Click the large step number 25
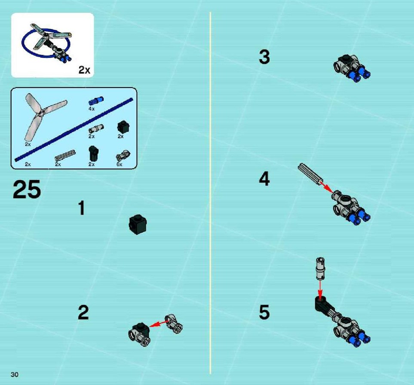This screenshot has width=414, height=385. [27, 189]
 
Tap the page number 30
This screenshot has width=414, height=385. [15, 374]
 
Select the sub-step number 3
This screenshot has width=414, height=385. [264, 57]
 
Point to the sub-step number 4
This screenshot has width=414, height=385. [264, 179]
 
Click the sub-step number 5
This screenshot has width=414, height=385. [264, 312]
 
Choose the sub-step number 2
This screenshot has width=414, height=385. [83, 312]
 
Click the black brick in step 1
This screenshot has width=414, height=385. [138, 224]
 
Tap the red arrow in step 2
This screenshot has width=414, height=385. [159, 324]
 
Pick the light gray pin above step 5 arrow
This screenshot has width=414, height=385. [320, 269]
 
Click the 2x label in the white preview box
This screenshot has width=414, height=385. [84, 70]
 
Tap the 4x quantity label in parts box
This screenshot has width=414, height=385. [92, 109]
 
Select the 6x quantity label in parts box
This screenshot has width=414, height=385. [120, 164]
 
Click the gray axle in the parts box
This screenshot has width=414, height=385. [65, 155]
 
